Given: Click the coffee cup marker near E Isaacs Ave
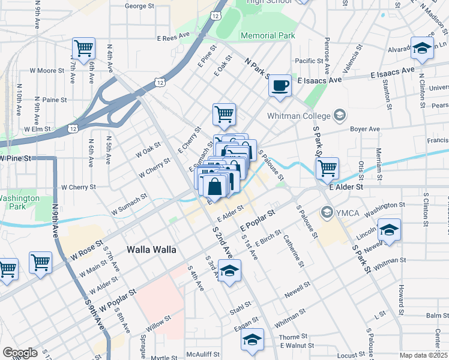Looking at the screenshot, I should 280,85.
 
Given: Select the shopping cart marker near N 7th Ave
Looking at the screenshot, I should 83,47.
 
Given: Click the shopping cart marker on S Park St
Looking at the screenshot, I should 327,168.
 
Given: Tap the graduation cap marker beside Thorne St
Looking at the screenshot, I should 253,340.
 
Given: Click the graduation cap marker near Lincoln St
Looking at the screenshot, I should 389,230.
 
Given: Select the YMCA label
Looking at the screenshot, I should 348,211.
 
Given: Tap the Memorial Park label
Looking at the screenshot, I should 268,35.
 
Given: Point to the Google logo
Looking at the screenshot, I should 20,353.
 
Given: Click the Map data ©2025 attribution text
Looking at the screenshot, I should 423,355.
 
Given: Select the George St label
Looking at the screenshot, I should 140,6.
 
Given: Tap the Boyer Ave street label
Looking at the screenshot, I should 366,128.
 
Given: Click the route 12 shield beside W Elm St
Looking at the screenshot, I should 72,128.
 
